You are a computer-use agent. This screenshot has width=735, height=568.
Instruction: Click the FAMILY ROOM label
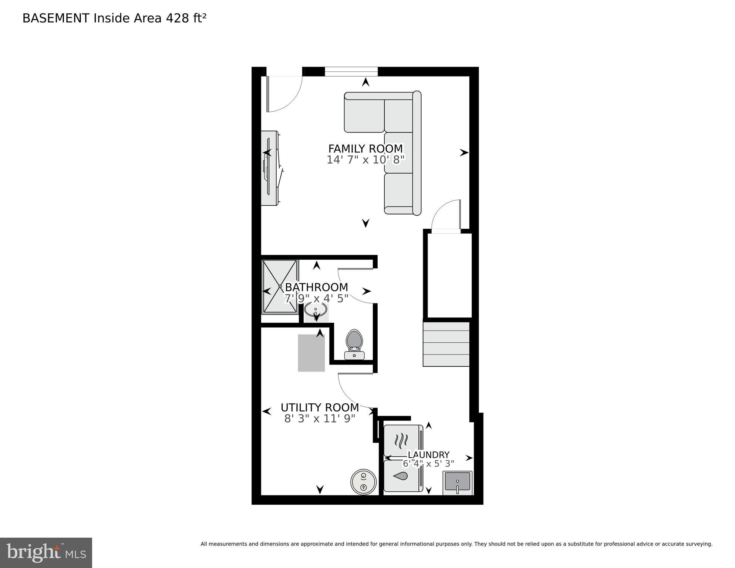(x=365, y=149)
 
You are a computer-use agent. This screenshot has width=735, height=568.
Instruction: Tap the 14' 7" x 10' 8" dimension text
(x=365, y=160)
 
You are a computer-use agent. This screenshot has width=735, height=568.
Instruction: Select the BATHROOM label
(x=316, y=287)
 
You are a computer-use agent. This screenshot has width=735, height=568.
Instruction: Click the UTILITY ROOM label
(x=320, y=407)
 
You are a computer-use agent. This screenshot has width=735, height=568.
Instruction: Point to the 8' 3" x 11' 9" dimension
(x=320, y=419)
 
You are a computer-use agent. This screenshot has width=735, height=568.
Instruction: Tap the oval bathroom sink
(x=316, y=309)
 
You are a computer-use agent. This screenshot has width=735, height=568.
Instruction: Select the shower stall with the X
(x=280, y=287)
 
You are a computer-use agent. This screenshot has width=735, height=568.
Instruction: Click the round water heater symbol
(x=363, y=482)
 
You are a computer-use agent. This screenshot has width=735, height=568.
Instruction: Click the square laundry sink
(x=458, y=482)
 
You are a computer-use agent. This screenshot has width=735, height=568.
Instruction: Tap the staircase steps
(x=446, y=343)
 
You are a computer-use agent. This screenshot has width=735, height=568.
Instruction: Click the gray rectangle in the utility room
(x=311, y=353)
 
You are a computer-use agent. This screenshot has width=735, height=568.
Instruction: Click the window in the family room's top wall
(x=351, y=71)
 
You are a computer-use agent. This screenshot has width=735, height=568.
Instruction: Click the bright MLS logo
(x=46, y=552)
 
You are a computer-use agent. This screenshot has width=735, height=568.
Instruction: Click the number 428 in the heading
(x=177, y=18)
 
